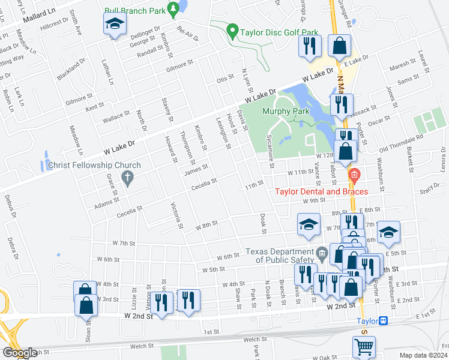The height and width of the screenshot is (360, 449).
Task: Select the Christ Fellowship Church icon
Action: pos(126,177)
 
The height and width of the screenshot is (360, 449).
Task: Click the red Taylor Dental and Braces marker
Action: pos(354,175)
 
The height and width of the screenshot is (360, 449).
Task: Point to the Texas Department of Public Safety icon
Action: pos(322,252)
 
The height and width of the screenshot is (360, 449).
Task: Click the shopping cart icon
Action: pos(363,346)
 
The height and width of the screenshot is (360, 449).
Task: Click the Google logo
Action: pos(19,353)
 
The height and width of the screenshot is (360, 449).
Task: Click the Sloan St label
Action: pos(88,330)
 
